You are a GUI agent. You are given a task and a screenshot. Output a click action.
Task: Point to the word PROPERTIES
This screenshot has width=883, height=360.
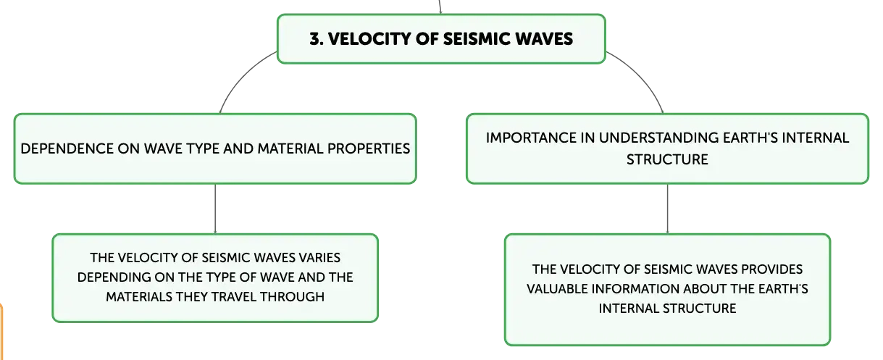369,148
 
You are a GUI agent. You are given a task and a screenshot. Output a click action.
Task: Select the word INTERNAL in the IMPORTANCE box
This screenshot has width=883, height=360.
815,138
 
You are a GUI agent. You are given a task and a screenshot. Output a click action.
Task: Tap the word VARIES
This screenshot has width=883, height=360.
319,258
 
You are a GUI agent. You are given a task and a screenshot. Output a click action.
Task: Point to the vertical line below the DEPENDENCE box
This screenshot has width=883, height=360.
215,209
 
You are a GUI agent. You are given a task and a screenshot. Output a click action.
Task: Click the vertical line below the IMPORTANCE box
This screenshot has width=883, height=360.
667,209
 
